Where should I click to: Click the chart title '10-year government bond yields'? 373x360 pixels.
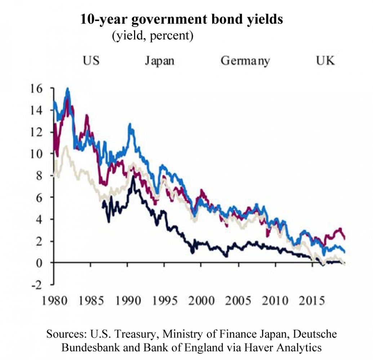click(182, 19)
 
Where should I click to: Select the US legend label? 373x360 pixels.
click(91, 60)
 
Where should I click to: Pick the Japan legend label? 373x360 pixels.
click(160, 60)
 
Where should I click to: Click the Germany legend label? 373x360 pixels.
click(245, 60)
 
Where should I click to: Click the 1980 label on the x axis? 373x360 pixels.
click(54, 300)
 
